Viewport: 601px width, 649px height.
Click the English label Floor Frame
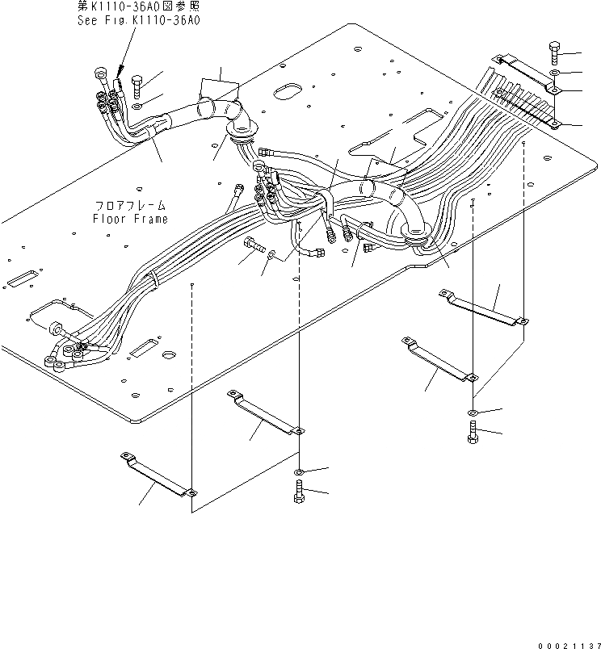[x=130, y=219]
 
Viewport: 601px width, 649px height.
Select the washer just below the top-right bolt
[x=555, y=73]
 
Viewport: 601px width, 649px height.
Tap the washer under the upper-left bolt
[x=138, y=107]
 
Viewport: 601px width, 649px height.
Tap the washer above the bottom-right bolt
[x=473, y=413]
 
